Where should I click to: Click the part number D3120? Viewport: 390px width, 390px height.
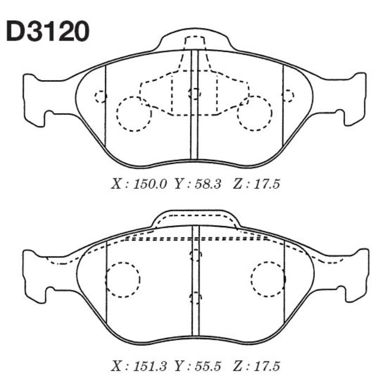pos(47,32)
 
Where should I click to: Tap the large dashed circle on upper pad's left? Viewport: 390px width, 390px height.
pos(134,114)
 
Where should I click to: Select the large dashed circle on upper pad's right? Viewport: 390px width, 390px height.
pos(255,113)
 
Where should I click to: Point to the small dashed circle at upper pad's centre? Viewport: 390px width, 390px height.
pos(194,94)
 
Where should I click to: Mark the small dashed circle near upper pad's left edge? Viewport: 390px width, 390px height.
pos(100,96)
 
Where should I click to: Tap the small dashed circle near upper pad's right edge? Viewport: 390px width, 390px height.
pos(288,95)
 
